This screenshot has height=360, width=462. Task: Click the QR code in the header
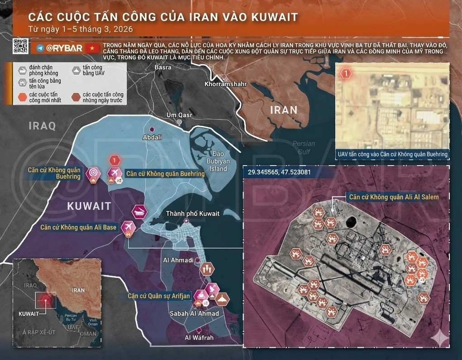click(x=19, y=46)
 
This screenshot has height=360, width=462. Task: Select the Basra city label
click(x=163, y=67)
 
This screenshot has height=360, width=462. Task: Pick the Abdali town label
click(x=152, y=137)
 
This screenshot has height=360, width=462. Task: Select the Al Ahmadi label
click(x=178, y=260)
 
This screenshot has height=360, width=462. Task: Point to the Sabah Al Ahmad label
click(x=194, y=313)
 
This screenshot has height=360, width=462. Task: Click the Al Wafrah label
click(x=199, y=337)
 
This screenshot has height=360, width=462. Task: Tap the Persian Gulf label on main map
click(x=303, y=148)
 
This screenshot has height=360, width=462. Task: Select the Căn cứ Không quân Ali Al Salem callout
click(x=393, y=197)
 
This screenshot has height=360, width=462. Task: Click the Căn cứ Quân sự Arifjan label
click(x=158, y=296)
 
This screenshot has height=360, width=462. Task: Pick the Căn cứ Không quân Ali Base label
click(x=78, y=227)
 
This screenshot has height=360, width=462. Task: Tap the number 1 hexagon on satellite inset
click(x=346, y=73)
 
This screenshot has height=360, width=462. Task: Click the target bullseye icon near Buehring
click(x=93, y=172)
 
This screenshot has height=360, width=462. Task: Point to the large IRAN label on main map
click(x=284, y=110)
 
